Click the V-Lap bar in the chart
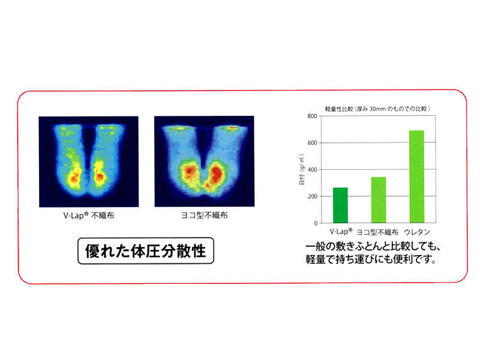340,205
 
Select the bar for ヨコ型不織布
379,200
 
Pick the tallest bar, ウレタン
416,176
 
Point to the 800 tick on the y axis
312,116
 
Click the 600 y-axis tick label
312,143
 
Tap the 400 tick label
312,170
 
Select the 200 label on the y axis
312,196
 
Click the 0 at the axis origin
316,223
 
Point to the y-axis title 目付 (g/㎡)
302,169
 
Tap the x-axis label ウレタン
417,232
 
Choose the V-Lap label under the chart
341,232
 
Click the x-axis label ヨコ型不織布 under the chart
378,232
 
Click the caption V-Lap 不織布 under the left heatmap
89,216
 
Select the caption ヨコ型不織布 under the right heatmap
204,215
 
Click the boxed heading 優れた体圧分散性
146,251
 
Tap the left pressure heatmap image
89,161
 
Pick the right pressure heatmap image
205,161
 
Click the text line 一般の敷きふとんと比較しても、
373,247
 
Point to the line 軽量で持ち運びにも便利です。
370,259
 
